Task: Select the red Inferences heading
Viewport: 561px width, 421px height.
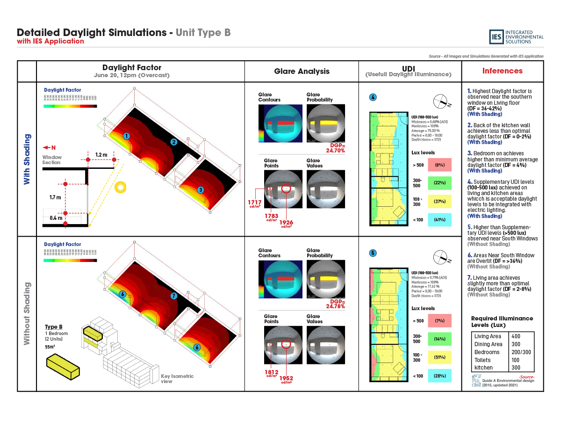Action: pos(503,71)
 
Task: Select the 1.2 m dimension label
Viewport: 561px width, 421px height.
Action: pos(101,154)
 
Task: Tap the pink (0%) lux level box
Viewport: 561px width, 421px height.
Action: pos(439,165)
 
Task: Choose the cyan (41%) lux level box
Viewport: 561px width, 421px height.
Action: pos(439,220)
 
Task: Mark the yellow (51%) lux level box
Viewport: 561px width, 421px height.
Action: pos(439,357)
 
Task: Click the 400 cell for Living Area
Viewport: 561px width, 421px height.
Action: pos(516,336)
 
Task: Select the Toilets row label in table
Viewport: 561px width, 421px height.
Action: pos(483,360)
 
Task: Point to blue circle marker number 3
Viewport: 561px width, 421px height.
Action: pos(200,190)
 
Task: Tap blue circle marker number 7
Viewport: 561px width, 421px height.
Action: pos(173,296)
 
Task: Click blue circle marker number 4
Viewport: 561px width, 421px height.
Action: pos(373,97)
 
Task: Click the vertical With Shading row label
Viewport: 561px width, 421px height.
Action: pos(27,159)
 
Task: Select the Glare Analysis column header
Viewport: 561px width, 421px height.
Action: pos(302,71)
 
